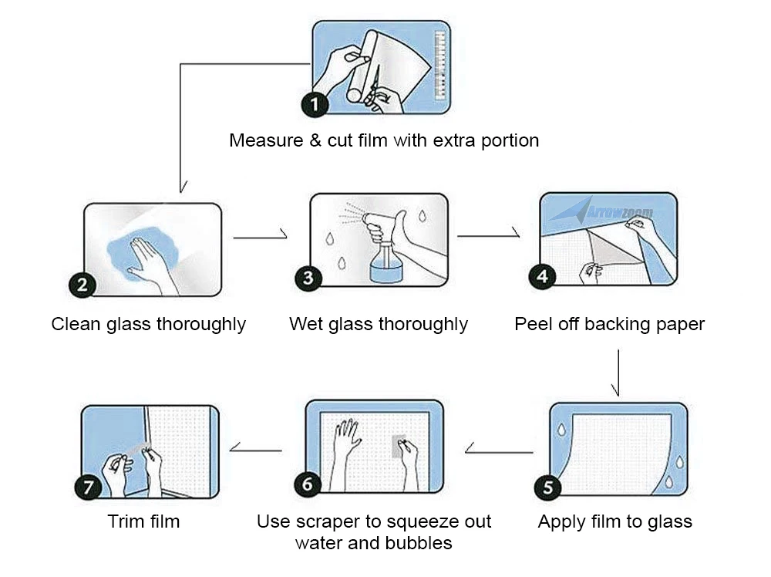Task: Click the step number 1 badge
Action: [315, 104]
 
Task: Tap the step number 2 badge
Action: [82, 285]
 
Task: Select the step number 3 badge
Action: [308, 278]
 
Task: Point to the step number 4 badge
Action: [542, 276]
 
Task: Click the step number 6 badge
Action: [308, 484]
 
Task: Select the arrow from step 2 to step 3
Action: [260, 237]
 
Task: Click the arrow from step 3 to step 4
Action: [488, 235]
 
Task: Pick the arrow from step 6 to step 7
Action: [256, 450]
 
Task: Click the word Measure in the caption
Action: [266, 140]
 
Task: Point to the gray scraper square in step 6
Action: [399, 446]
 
